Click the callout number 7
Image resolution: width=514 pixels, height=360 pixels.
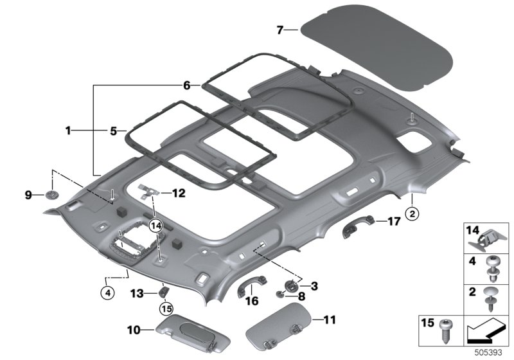(x=279, y=30)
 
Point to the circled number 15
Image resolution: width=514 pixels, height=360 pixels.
(x=166, y=309)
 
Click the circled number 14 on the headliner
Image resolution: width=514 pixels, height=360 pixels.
(x=154, y=225)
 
